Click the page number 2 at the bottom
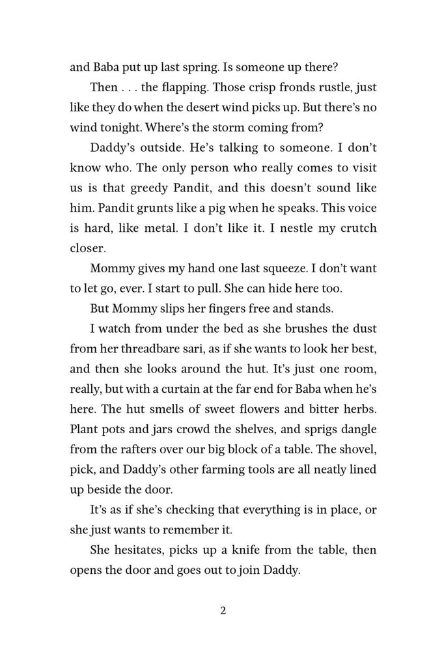223,611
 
